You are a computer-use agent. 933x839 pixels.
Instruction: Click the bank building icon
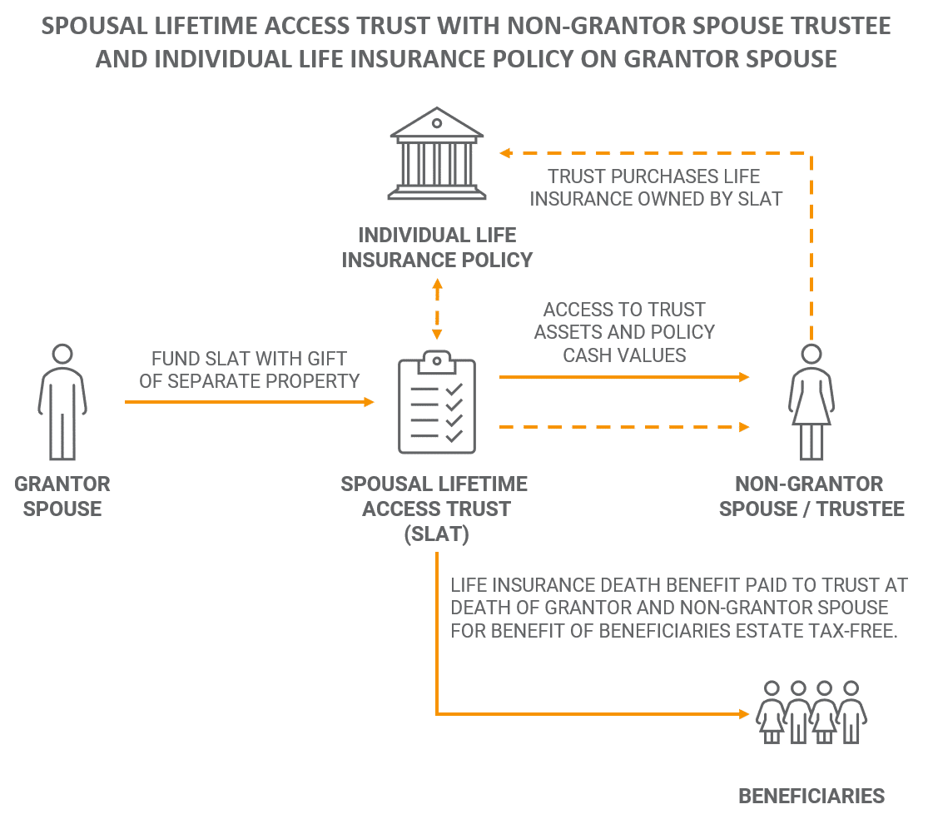[437, 153]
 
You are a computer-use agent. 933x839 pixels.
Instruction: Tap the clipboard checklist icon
[437, 402]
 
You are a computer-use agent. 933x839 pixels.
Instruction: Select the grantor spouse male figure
[62, 402]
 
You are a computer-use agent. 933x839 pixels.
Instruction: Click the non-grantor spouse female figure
[811, 402]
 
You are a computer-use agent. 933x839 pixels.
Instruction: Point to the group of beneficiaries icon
[811, 712]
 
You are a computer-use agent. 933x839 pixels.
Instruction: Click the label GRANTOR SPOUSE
[62, 496]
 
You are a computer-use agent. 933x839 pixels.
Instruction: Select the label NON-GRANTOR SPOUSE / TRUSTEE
[811, 496]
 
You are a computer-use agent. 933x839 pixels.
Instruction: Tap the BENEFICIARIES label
[811, 797]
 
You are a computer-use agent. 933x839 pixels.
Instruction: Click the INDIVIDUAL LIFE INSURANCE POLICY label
[437, 247]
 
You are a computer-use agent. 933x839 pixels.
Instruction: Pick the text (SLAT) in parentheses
[437, 534]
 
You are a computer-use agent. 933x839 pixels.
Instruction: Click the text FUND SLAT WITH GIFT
[250, 359]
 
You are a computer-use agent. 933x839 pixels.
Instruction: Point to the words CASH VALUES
[625, 355]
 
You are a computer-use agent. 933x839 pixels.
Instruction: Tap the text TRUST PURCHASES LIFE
[654, 176]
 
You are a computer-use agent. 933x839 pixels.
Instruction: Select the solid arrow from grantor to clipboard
[250, 402]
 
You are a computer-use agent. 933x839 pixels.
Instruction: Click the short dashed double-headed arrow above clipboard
[437, 310]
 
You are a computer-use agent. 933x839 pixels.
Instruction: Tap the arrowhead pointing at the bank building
[505, 153]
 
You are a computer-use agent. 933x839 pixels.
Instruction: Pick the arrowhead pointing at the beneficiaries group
[743, 714]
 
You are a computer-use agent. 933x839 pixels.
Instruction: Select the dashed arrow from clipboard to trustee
[624, 427]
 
